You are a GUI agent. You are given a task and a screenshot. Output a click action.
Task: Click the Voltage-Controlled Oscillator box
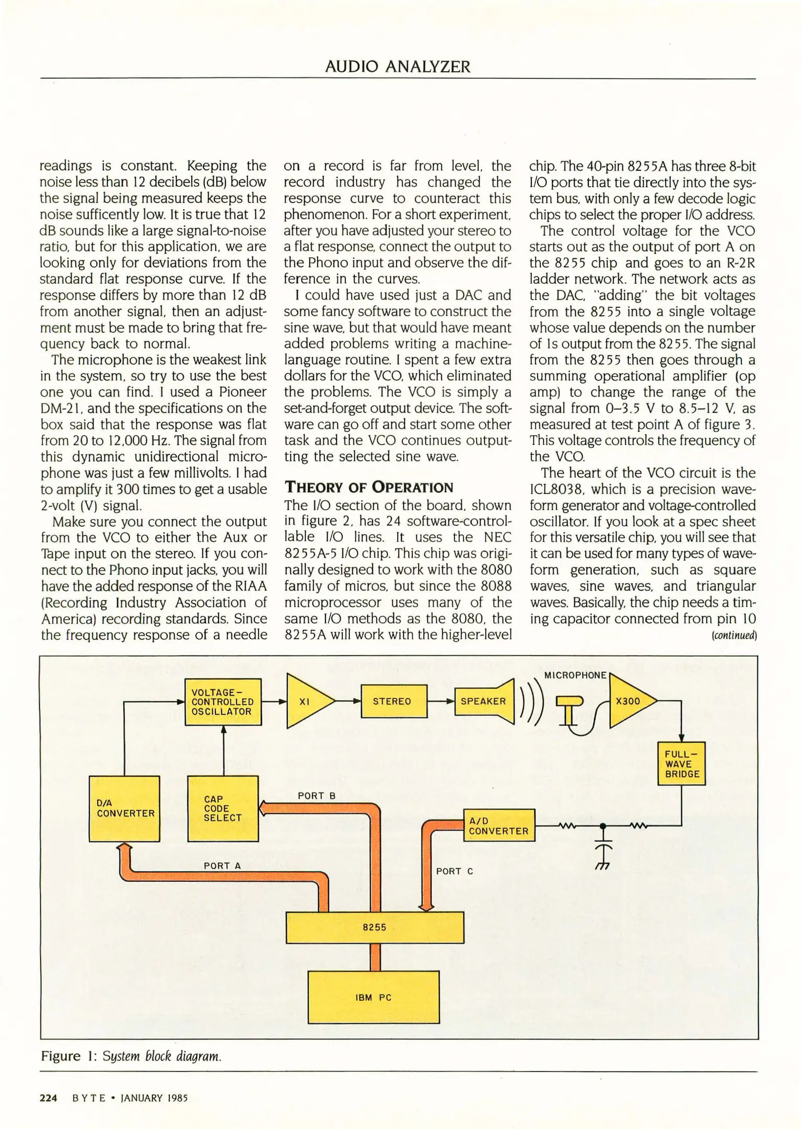pyautogui.click(x=223, y=701)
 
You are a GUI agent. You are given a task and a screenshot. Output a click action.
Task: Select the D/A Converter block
pyautogui.click(x=124, y=808)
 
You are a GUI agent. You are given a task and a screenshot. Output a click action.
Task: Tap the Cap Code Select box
pyautogui.click(x=223, y=808)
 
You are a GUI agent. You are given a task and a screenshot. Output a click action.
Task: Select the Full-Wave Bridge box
pyautogui.click(x=681, y=764)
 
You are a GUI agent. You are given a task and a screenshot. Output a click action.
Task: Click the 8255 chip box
pyautogui.click(x=375, y=928)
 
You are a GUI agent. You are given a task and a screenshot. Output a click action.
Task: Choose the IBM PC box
pyautogui.click(x=374, y=997)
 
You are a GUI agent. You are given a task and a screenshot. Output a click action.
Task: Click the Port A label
pyautogui.click(x=222, y=866)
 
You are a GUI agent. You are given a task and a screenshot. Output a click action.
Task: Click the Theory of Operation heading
pyautogui.click(x=369, y=488)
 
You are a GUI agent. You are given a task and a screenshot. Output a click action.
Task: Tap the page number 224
pyautogui.click(x=49, y=1098)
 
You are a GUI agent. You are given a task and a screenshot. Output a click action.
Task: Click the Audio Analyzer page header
pyautogui.click(x=398, y=66)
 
